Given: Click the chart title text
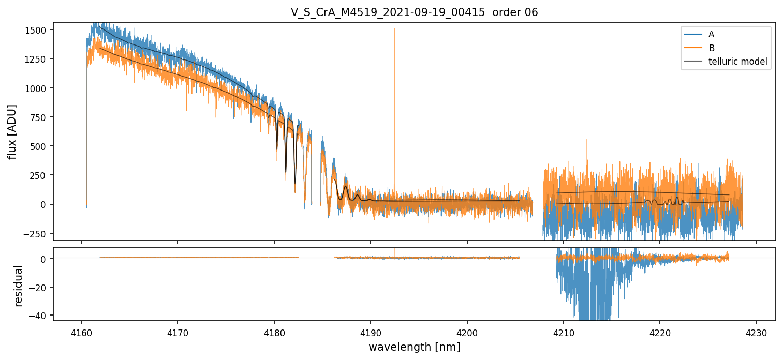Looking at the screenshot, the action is [x=414, y=12].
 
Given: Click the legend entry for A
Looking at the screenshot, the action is [x=699, y=34].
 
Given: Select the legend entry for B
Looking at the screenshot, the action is [x=699, y=48].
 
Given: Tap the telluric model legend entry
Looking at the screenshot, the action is [x=726, y=62].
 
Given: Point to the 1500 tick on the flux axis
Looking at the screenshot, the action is [x=36, y=30].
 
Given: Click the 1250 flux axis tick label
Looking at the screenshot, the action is [x=36, y=59].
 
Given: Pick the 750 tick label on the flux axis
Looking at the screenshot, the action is [x=38, y=117].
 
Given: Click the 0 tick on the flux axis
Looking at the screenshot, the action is [x=43, y=204].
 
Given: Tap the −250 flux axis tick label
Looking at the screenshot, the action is [x=35, y=233].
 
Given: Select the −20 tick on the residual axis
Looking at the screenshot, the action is [x=38, y=287].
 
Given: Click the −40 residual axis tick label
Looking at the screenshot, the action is [x=38, y=316].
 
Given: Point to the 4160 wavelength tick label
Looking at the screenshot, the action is [x=81, y=333].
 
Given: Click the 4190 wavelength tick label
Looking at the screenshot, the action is [x=371, y=333].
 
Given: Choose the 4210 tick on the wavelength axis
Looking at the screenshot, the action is [x=564, y=333].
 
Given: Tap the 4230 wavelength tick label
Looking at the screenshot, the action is [x=757, y=333].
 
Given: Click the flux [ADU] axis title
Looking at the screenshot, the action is [x=12, y=132].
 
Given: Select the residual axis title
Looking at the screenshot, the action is [x=18, y=286].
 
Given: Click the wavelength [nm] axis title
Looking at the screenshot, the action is [x=414, y=347].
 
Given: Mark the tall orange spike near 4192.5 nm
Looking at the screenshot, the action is [x=395, y=112].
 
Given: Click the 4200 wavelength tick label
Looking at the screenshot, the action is [x=467, y=333].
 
